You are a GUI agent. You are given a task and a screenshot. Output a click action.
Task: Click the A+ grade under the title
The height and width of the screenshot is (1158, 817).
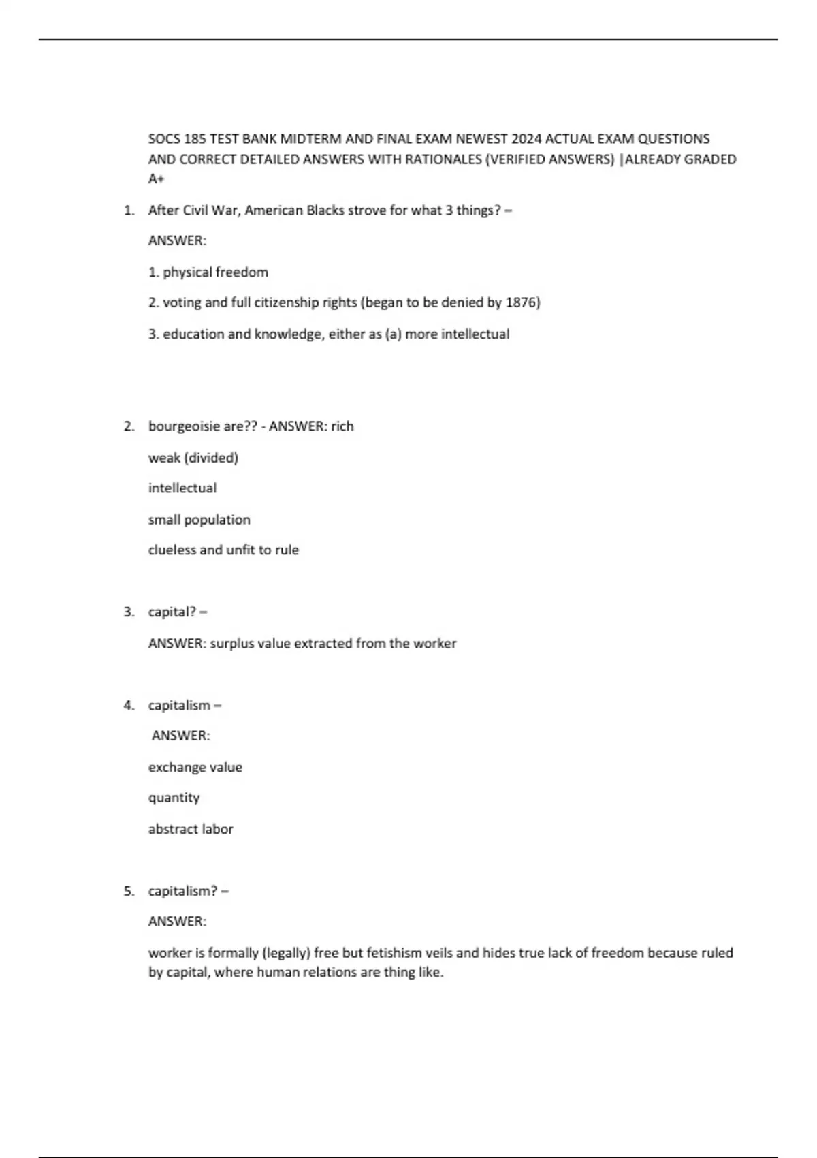[156, 179]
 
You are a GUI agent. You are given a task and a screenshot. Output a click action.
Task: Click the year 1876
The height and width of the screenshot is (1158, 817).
[522, 302]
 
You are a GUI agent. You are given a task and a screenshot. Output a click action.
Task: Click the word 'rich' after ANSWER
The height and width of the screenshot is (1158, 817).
[342, 426]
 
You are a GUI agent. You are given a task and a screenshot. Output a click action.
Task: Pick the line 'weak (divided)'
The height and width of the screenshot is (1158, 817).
[193, 458]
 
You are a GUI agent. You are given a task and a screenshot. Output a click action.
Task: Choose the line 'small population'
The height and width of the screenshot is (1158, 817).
[199, 520]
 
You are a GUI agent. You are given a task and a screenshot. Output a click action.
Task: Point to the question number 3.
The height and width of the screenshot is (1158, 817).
[128, 612]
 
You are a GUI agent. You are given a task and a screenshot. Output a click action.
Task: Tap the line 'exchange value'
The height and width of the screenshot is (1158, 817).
[195, 768]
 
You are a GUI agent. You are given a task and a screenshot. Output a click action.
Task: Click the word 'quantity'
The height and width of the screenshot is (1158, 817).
[174, 798]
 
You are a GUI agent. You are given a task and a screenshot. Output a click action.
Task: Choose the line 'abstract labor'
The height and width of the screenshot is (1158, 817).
[191, 830]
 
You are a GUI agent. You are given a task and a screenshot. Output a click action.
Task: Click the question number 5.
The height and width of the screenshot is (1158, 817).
[128, 891]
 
